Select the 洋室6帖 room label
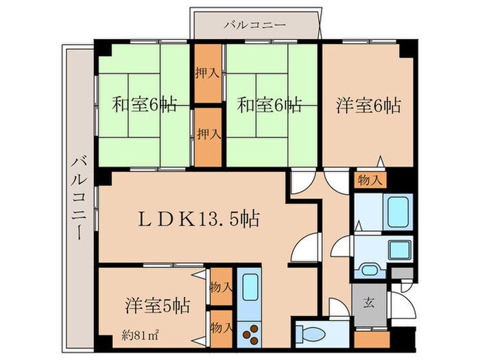pyautogui.click(x=368, y=106)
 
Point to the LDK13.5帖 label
pyautogui.click(x=200, y=219)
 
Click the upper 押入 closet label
pyautogui.click(x=207, y=73)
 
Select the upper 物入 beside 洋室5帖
pyautogui.click(x=221, y=286)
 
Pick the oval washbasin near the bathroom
pyautogui.click(x=371, y=269)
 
